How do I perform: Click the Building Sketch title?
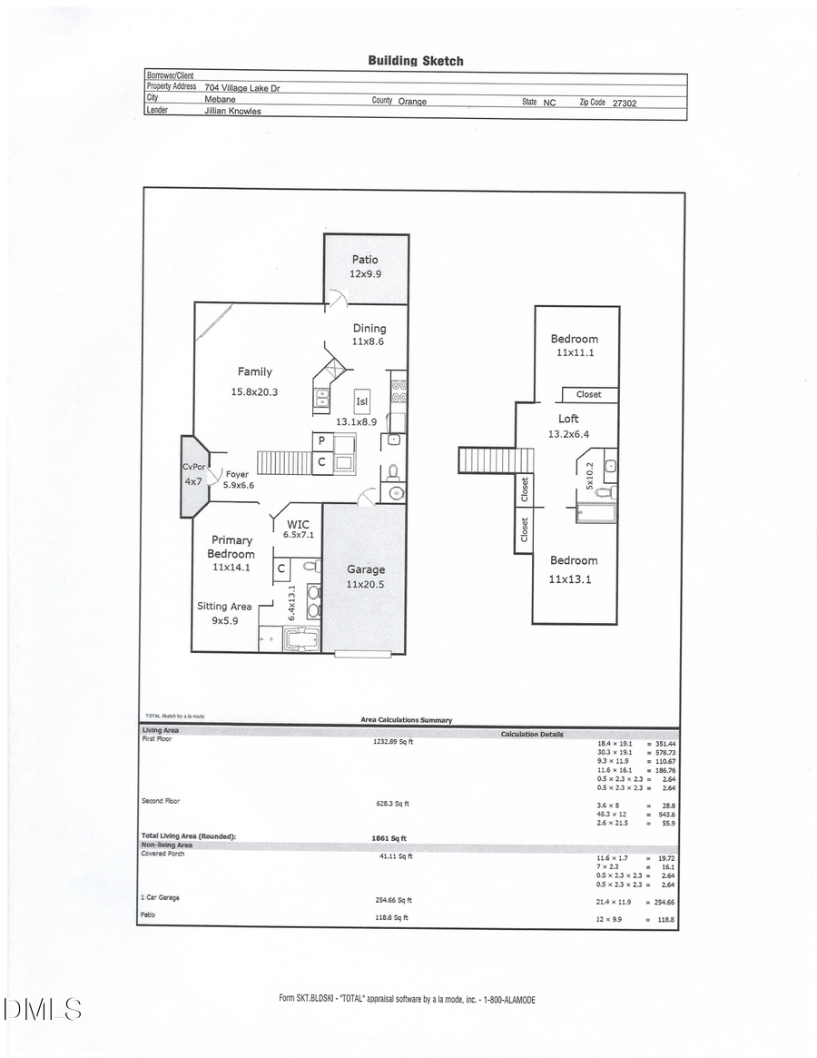[415, 61]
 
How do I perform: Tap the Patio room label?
[365, 260]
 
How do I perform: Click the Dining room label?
[369, 329]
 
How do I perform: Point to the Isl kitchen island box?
[362, 400]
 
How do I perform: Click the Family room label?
[254, 371]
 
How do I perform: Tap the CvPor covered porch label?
[194, 467]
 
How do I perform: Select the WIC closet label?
[299, 524]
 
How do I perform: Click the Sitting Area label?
[224, 607]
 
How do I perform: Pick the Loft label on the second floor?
[568, 419]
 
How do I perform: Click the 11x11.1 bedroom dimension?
[575, 353]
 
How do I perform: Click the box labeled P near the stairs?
[321, 441]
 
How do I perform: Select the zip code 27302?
[625, 104]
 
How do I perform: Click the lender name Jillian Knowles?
[232, 112]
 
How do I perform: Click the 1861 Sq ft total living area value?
[389, 837]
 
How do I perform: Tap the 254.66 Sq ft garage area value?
[392, 900]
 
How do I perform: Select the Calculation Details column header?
[532, 734]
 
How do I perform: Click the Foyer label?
[237, 474]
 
